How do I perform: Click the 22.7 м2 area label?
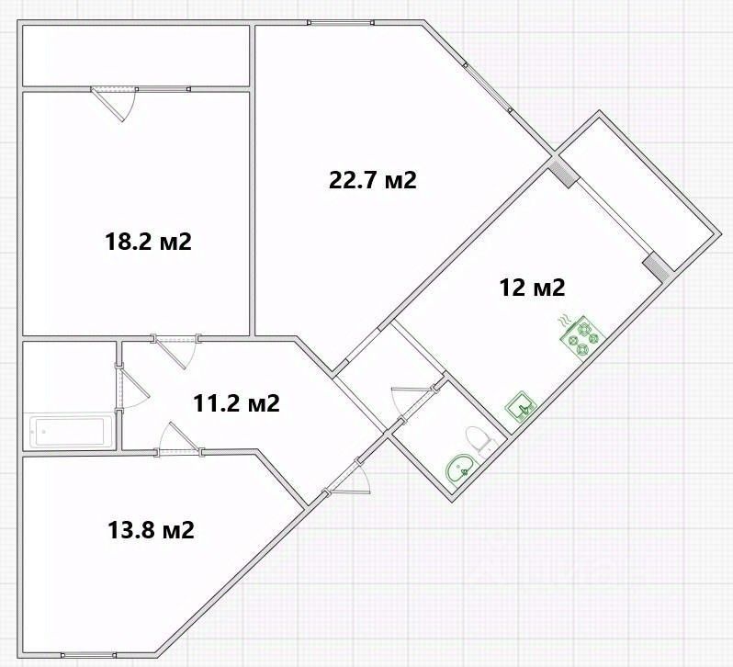coord(373,180)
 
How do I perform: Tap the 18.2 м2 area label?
coord(149,243)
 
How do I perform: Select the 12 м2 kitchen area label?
coord(533,287)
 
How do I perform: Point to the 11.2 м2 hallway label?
coord(237,403)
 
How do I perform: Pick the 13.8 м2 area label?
coord(151,530)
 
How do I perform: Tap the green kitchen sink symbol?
coord(520,407)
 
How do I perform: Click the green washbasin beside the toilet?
coord(460,469)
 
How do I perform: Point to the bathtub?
coord(67,431)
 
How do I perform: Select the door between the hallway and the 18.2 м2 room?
coord(175,352)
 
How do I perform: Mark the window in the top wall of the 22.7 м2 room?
coord(341,22)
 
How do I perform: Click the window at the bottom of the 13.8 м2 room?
coord(89,654)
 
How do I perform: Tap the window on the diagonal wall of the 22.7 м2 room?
coord(488,87)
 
